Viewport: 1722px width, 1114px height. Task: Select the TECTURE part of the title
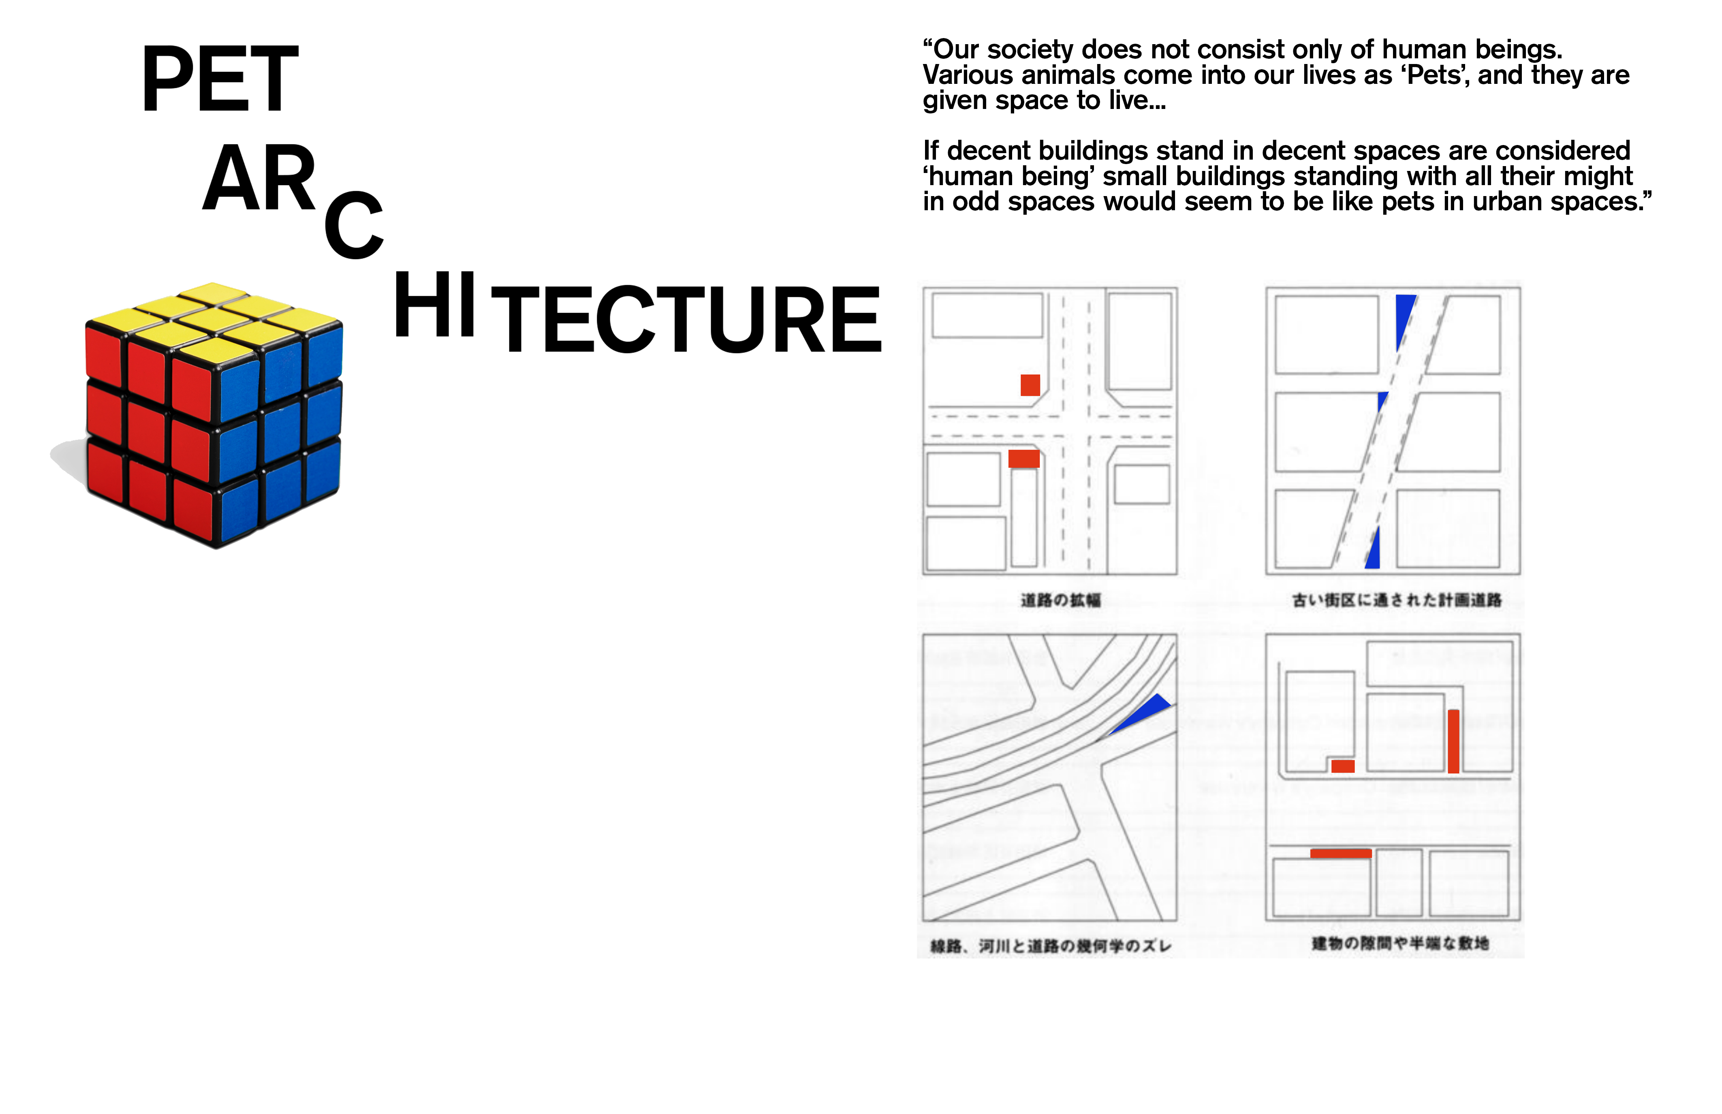[x=686, y=319]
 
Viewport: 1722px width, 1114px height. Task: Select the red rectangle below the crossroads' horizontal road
[x=1024, y=459]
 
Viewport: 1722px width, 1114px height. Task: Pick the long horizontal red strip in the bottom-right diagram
[x=1341, y=854]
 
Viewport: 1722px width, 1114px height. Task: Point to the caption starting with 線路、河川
[x=1051, y=946]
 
